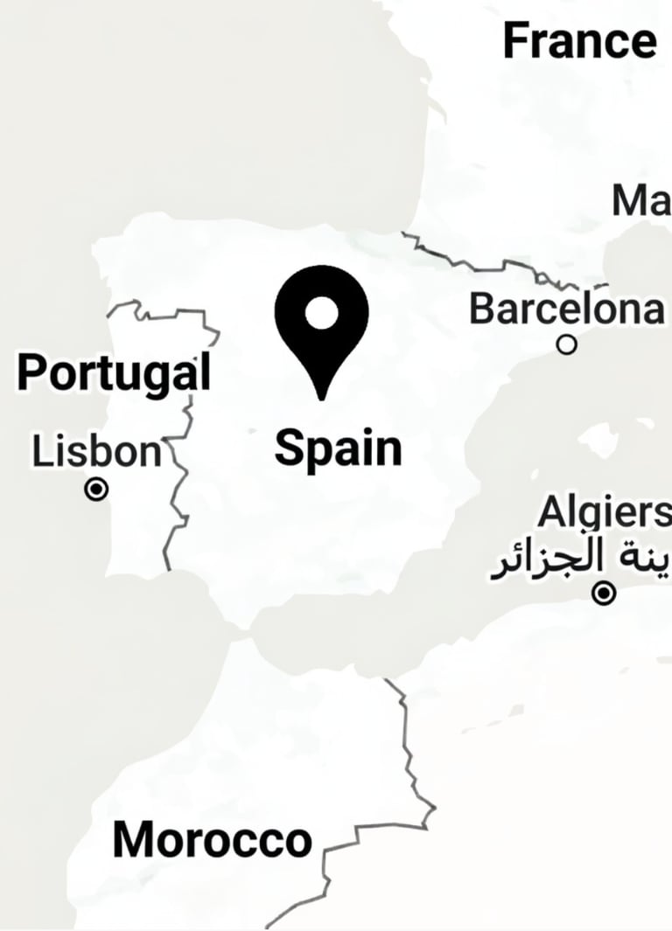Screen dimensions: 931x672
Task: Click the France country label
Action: point(579,40)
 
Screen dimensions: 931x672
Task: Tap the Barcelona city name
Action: point(567,309)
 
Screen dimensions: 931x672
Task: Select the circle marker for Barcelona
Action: point(567,345)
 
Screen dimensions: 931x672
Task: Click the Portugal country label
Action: point(114,373)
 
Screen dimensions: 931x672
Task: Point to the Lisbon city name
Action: point(97,452)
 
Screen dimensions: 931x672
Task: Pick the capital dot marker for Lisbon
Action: point(96,490)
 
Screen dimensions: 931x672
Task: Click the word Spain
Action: point(338,448)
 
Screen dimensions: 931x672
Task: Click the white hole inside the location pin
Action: point(322,312)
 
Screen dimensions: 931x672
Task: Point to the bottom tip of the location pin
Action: point(322,398)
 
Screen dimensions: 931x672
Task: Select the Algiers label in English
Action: point(604,513)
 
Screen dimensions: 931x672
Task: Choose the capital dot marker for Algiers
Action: point(604,594)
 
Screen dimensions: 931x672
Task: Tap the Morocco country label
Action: point(213,840)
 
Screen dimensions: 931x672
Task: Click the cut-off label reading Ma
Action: point(641,201)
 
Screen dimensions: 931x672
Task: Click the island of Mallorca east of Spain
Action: point(604,437)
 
